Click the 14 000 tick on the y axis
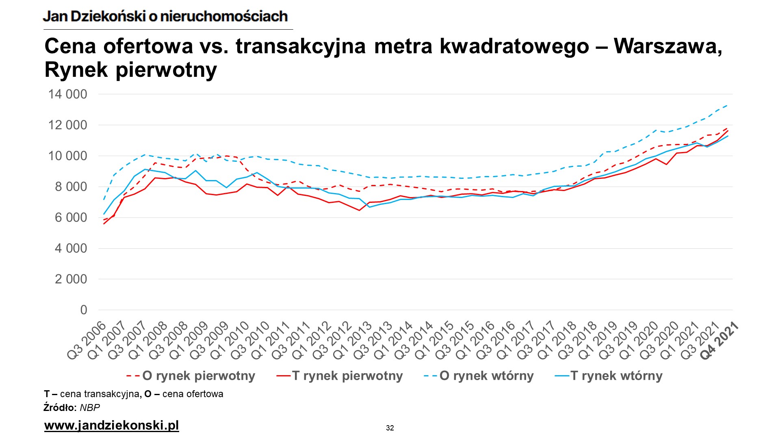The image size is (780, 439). tap(67, 94)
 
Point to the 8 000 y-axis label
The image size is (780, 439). tap(71, 187)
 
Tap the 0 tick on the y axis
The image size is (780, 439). tap(84, 310)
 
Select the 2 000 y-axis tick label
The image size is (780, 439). tap(71, 279)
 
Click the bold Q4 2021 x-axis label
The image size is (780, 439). tap(720, 341)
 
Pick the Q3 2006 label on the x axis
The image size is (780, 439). tap(87, 341)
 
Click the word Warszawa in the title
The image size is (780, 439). tap(667, 46)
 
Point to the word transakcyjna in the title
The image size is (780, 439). tap(301, 46)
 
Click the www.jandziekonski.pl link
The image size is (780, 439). tap(112, 426)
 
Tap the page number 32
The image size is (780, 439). tap(390, 428)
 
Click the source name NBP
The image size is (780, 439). tap(90, 408)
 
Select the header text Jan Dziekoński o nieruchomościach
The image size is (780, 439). tap(165, 16)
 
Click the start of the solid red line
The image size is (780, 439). tap(104, 224)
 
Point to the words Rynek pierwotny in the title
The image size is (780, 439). tap(131, 70)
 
